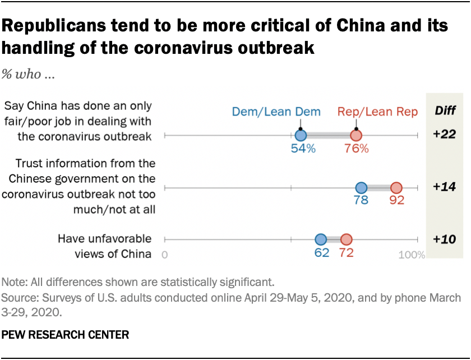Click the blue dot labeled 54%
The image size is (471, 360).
point(301,135)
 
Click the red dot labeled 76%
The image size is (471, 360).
point(356,135)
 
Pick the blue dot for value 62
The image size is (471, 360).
point(321,239)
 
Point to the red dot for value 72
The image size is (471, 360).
point(346,239)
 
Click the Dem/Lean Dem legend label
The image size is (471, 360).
point(276,112)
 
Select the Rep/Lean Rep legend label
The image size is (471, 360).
point(377,112)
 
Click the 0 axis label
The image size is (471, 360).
point(165,255)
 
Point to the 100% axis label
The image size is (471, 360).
point(412,255)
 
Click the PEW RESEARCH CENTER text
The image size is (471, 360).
point(66,335)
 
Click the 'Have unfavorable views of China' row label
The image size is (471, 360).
point(105,246)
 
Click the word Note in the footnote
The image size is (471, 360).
point(13,281)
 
